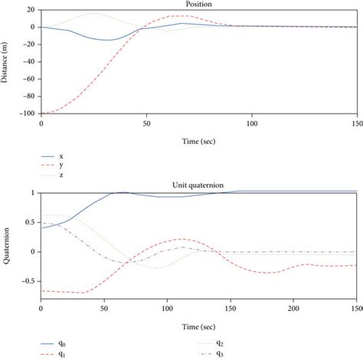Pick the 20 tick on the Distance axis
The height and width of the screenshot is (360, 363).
pos(30,10)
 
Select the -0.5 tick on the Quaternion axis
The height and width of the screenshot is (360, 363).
pos(27,280)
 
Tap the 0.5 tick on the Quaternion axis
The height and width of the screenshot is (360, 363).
pos(30,222)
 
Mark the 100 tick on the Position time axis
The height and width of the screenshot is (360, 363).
pos(251,121)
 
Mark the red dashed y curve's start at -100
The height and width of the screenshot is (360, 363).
pos(41,113)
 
